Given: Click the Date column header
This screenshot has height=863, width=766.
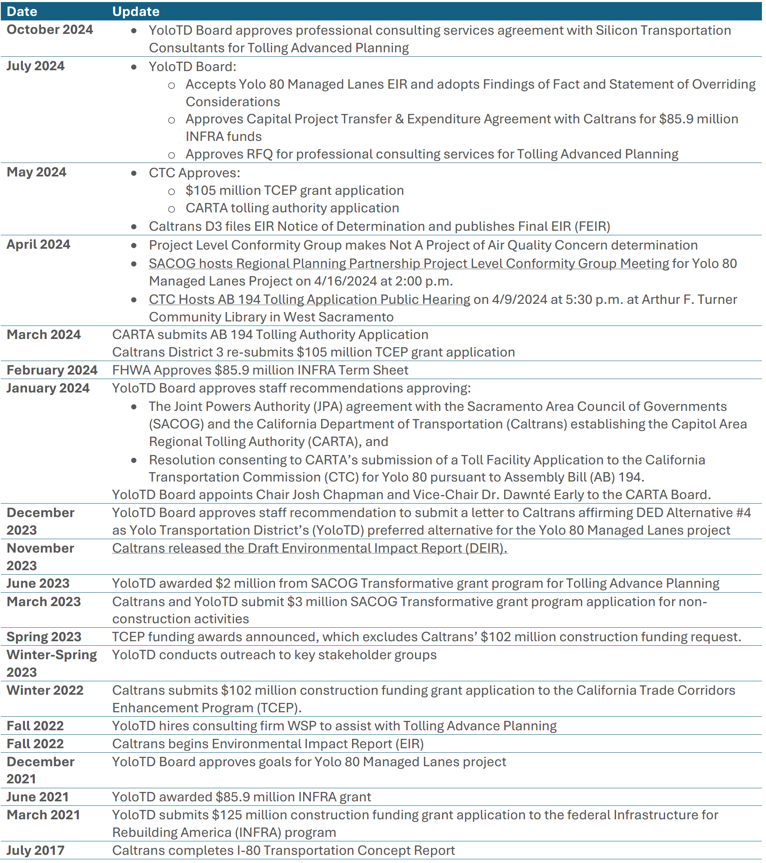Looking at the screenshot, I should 22,11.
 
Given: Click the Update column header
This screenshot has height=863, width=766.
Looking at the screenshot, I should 136,11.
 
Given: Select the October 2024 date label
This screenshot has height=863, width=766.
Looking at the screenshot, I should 50,29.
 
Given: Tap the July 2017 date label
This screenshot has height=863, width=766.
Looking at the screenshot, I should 36,850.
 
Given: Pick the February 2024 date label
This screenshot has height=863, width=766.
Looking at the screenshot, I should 52,370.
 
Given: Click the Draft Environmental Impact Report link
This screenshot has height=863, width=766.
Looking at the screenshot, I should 310,548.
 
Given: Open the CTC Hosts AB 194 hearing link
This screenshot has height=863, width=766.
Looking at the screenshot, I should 309,299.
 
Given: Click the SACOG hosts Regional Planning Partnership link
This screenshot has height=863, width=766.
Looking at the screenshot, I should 409,263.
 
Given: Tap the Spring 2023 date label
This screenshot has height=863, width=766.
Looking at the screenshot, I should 44,637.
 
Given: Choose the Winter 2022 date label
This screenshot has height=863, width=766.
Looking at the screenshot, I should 45,690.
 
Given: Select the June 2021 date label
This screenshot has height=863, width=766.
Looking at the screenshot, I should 38,796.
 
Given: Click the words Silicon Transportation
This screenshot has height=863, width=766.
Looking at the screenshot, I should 663,30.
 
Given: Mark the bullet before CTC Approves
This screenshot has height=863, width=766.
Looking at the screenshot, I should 134,173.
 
